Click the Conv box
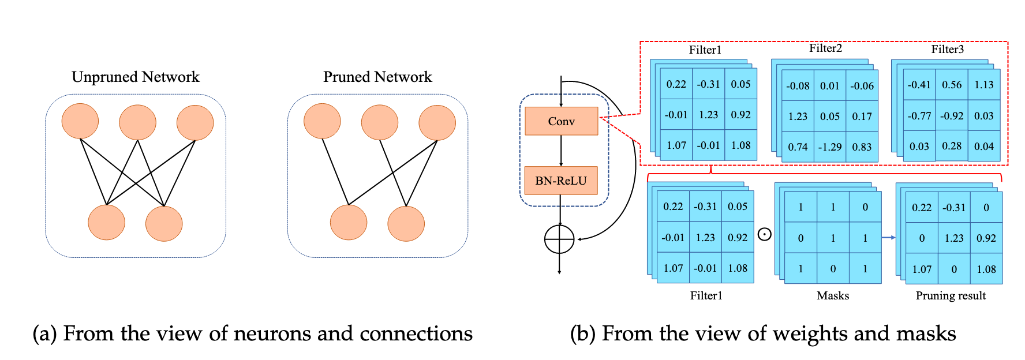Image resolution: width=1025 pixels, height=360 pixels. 561,121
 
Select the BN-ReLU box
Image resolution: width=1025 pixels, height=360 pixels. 560,181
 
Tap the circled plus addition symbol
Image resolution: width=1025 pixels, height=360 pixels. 559,239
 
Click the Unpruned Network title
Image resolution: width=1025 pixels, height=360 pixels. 135,77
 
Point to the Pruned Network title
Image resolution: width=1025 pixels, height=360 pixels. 377,77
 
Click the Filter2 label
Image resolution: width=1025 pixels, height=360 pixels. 825,48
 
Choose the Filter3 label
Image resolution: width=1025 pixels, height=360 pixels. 947,50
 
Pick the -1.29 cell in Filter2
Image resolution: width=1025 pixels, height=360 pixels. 829,147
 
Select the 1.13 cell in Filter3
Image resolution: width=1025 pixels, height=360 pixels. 983,85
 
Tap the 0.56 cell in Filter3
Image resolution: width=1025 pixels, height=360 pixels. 952,85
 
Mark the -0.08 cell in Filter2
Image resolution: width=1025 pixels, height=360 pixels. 798,86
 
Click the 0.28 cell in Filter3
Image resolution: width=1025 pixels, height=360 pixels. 952,146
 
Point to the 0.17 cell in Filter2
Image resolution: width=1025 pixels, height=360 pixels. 862,117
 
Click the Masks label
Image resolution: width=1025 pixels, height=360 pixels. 833,295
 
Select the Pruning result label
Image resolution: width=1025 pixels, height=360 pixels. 951,295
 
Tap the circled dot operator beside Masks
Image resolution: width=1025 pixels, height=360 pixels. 764,234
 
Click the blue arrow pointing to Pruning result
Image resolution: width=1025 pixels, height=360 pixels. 888,238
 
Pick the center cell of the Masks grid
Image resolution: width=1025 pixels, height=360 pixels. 833,238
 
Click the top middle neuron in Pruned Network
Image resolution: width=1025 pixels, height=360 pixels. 379,122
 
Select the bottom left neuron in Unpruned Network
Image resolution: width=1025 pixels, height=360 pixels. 106,222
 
